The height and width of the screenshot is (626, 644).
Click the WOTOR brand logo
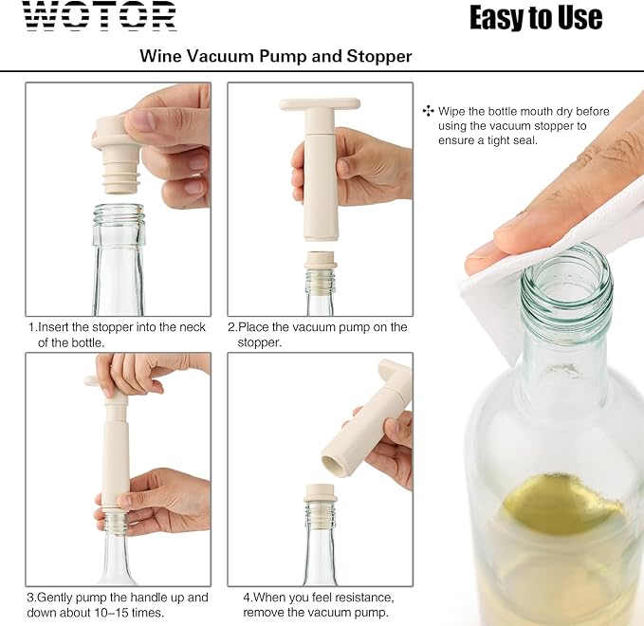point(100,16)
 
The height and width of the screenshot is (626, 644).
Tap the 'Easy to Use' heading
point(535,17)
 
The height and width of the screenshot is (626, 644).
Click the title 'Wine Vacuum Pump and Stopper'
point(276,56)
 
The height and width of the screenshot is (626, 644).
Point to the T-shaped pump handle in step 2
point(319,105)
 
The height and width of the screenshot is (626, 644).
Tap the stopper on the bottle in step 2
point(320,261)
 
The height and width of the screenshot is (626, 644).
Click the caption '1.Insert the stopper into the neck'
point(117,327)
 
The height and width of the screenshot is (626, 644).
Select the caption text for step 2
point(317,335)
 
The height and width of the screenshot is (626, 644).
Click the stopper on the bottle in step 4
point(320,495)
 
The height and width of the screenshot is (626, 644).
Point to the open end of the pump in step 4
point(333,465)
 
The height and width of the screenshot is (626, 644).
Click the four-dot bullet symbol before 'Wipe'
point(428,111)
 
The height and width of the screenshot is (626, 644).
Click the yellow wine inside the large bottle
point(564,503)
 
